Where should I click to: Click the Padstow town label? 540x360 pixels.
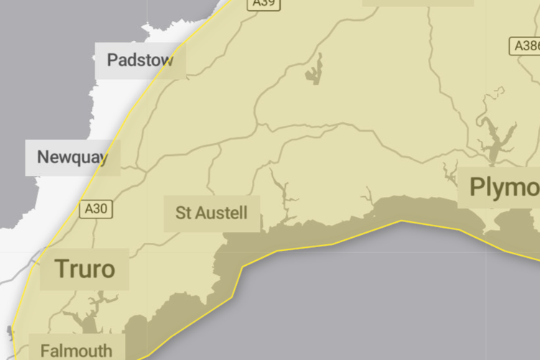click(x=140, y=60)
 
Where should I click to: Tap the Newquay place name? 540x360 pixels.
click(x=73, y=157)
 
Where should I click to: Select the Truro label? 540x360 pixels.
click(x=85, y=269)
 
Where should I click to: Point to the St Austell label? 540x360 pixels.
click(x=211, y=213)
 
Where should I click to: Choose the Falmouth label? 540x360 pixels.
click(x=76, y=351)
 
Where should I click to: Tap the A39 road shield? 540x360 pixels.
click(x=264, y=4)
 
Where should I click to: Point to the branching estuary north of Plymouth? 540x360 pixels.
click(x=494, y=137)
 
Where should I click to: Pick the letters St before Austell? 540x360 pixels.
click(x=182, y=213)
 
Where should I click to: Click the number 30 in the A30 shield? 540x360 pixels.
click(x=100, y=209)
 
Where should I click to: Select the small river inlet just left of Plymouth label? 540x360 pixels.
click(x=450, y=172)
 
